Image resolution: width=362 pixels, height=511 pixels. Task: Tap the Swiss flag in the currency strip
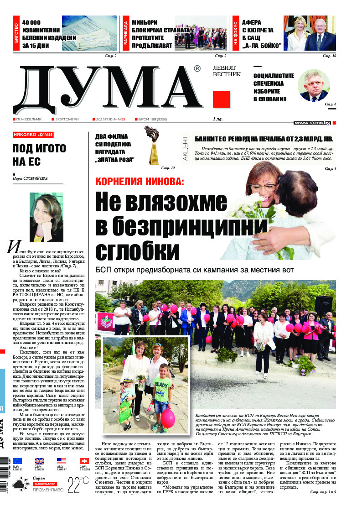coord(84,461)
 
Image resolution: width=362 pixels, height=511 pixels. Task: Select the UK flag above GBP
coord(40,461)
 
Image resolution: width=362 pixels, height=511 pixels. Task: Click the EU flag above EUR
coord(17,461)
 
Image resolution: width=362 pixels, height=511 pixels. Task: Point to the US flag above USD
coord(62,461)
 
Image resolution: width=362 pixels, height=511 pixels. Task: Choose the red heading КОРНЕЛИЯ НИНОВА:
coord(140,182)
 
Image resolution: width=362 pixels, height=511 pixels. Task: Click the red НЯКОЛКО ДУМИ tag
coord(33,135)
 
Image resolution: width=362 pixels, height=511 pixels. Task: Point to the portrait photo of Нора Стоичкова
coord(46,217)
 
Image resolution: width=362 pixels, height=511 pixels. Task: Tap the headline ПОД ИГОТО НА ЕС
coord(39,155)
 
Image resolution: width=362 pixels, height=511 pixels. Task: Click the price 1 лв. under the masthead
coord(218,119)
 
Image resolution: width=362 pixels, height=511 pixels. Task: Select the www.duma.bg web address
coord(312,123)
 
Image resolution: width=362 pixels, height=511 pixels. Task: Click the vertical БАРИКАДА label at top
coord(125,33)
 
